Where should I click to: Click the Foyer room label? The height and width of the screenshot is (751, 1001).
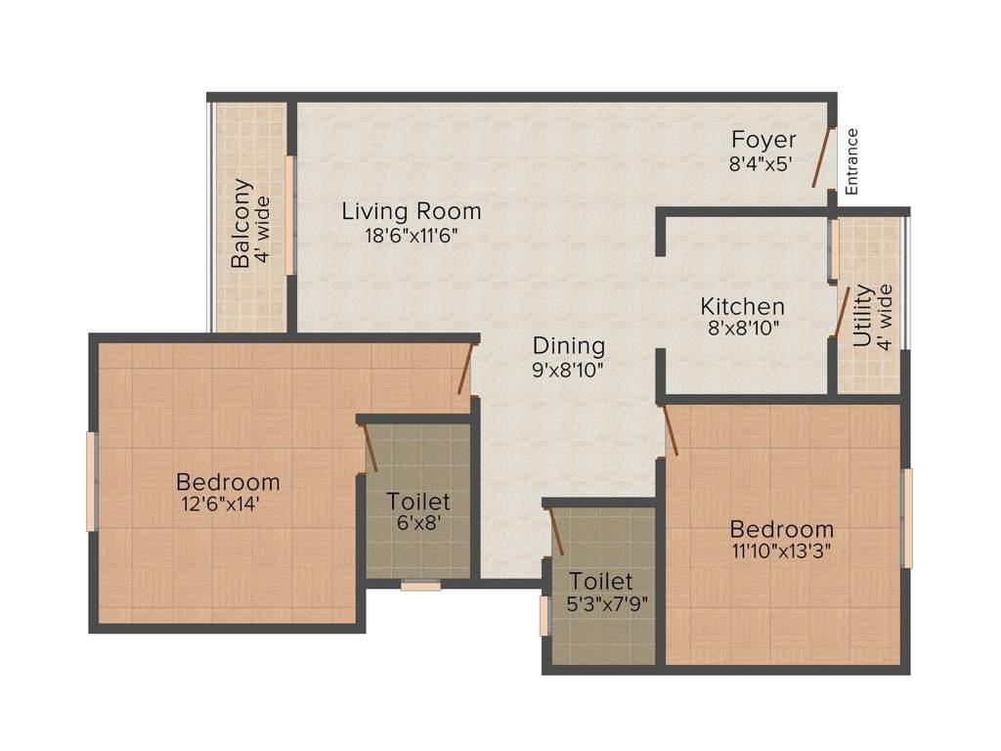coord(763,140)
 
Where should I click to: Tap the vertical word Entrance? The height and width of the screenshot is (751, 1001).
coord(851,161)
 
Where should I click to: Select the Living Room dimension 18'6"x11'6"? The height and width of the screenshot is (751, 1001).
coord(411,235)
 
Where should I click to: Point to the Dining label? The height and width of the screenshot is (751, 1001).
coord(569,345)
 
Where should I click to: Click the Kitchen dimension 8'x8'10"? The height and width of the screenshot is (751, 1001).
coord(743,330)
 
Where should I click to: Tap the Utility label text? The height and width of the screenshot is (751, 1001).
coord(862,317)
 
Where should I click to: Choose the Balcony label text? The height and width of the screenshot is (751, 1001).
coord(241,223)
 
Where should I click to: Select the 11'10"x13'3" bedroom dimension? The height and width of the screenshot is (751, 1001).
coord(781,550)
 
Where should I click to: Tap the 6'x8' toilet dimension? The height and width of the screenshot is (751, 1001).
coord(417,522)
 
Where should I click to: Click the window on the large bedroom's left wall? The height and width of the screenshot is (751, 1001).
coord(91,481)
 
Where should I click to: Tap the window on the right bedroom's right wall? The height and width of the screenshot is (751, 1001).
coord(906,518)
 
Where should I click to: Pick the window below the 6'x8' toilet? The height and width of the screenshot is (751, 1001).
coord(420,585)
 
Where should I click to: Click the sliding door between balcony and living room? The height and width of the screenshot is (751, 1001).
coord(290,215)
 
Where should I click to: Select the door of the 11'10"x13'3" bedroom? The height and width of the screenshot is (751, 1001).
coord(671,430)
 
